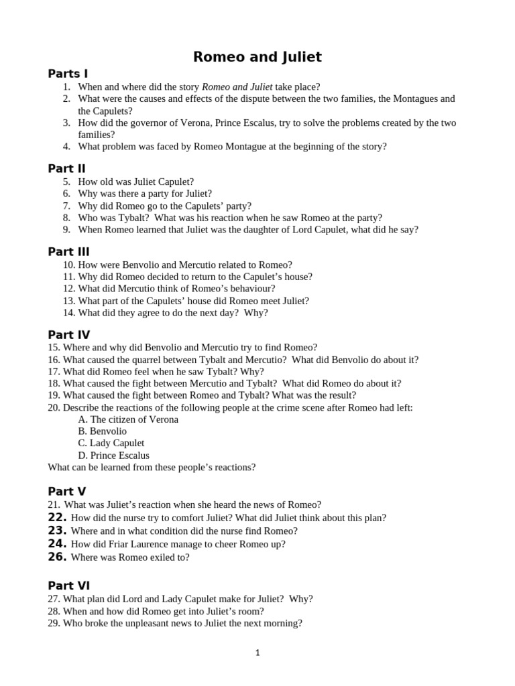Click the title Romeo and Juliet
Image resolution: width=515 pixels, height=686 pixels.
257,57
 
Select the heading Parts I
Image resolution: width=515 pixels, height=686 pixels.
68,74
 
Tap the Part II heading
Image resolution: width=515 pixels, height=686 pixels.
66,169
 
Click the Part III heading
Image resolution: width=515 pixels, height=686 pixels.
68,252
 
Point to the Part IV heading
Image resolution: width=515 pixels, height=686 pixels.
68,335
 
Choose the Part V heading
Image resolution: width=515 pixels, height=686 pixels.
67,492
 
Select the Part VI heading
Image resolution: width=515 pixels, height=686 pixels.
68,586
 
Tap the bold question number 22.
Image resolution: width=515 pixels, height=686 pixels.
57,517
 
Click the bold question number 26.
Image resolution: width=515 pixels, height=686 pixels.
57,557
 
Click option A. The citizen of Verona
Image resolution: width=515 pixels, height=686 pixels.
128,419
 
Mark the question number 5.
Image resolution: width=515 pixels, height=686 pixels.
66,182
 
